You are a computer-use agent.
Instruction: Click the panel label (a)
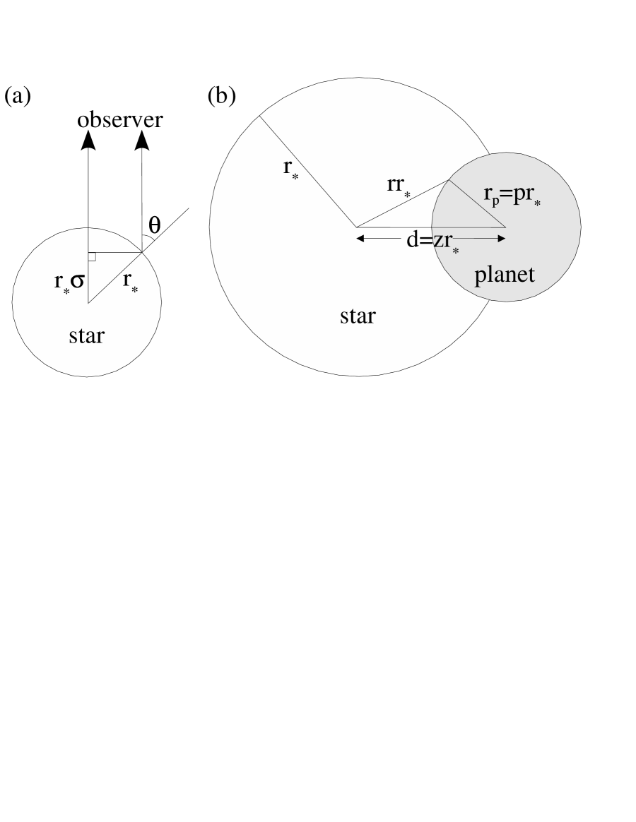(x=18, y=97)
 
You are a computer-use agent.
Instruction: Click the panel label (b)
(x=220, y=97)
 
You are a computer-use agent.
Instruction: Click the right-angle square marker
(x=91, y=256)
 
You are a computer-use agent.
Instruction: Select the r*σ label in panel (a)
(x=70, y=280)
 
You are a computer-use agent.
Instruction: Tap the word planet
(x=505, y=274)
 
